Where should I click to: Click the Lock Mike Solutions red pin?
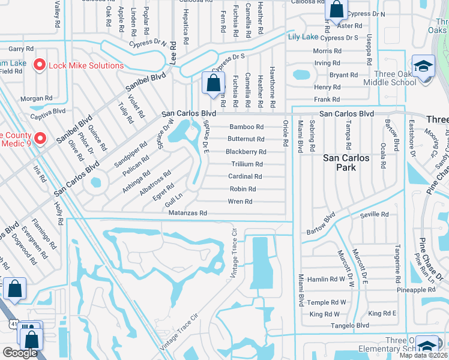coord(40,64)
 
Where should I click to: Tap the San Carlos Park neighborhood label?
coord(348,163)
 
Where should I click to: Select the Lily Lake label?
coord(303,37)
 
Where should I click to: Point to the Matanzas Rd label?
coord(188,213)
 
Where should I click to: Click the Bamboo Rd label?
coord(246,127)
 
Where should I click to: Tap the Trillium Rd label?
coord(247,164)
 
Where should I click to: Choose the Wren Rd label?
coord(240,202)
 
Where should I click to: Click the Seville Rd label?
coord(375,214)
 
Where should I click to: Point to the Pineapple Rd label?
coord(416,290)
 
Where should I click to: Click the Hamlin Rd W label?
coord(326,279)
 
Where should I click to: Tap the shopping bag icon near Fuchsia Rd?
coord(213,83)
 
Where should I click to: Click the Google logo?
coord(20,353)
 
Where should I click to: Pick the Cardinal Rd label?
coord(245,176)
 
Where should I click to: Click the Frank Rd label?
coord(327,100)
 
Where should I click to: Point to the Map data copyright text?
coord(424,355)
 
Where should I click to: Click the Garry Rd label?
coord(20,49)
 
